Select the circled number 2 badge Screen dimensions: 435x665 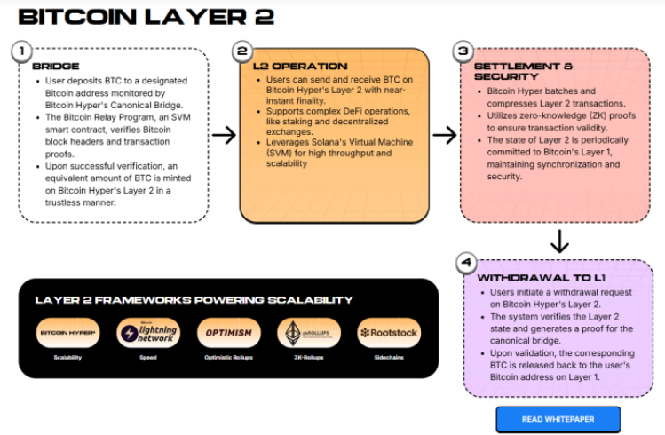(241, 51)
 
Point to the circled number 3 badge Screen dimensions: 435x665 (462, 51)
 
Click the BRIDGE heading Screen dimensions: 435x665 (55, 67)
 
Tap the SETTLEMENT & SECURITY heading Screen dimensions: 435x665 (523, 73)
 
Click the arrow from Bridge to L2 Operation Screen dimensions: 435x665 (224, 135)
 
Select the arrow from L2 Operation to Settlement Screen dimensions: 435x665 (444, 135)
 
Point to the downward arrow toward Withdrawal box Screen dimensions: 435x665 (559, 241)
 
